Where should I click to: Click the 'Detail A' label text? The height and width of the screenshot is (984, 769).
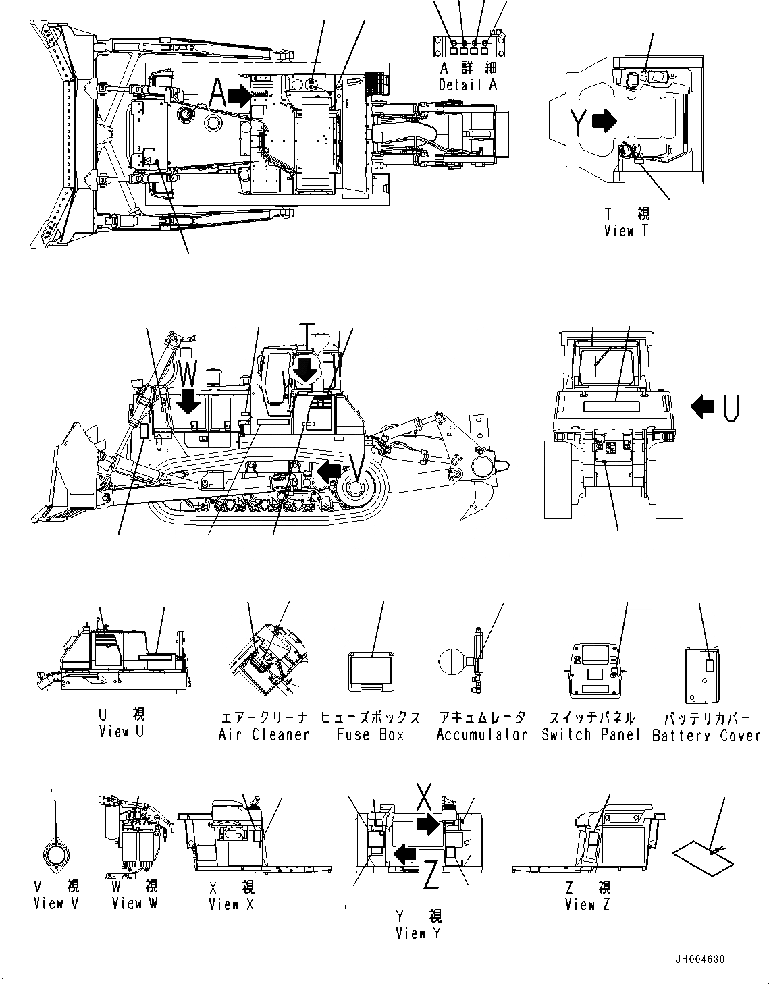point(468,85)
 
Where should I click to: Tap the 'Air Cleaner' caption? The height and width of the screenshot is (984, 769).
point(263,734)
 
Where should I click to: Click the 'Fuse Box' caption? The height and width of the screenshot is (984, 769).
point(370,734)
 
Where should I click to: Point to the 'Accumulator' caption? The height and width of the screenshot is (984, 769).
point(481,734)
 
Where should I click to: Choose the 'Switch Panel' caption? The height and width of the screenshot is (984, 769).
point(590,734)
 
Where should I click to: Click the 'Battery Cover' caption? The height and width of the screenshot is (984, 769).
point(706,734)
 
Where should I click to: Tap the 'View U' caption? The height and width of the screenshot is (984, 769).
point(122,731)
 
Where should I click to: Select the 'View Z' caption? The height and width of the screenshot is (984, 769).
point(587,904)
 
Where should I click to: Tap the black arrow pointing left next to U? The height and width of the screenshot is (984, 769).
point(702,406)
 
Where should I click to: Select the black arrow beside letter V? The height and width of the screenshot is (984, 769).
point(329,471)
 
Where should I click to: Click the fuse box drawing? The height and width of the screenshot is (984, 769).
point(370,671)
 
